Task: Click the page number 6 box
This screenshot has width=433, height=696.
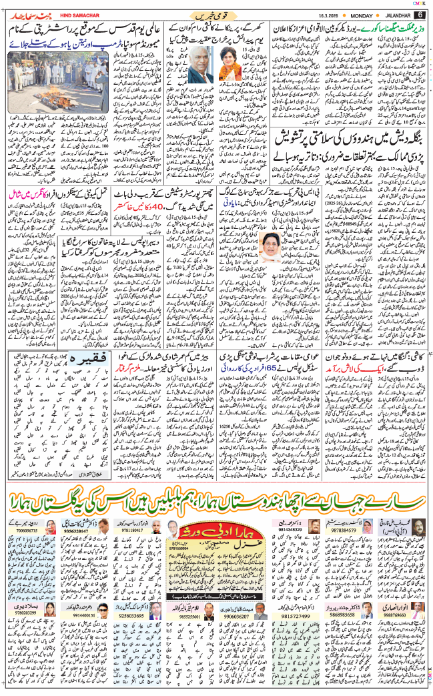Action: click(420, 15)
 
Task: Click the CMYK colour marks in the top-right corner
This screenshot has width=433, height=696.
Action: click(420, 4)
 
